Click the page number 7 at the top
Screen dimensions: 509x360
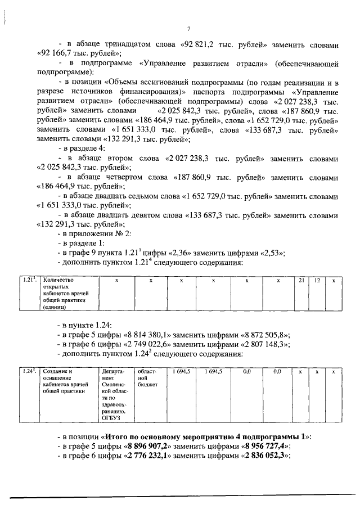coord(189,29)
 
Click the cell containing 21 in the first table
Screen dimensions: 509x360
coord(301,280)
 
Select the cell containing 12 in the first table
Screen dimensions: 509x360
coord(317,280)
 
